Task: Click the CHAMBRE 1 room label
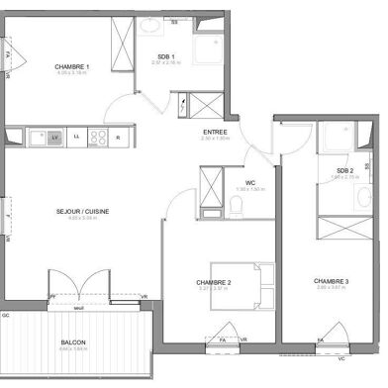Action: [73, 66]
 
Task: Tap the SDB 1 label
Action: [166, 56]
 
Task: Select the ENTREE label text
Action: [214, 132]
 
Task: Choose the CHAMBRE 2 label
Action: [214, 283]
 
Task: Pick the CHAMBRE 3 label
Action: [331, 283]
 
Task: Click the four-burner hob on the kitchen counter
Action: [98, 137]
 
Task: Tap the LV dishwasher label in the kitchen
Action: [55, 137]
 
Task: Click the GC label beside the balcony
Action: [5, 315]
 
